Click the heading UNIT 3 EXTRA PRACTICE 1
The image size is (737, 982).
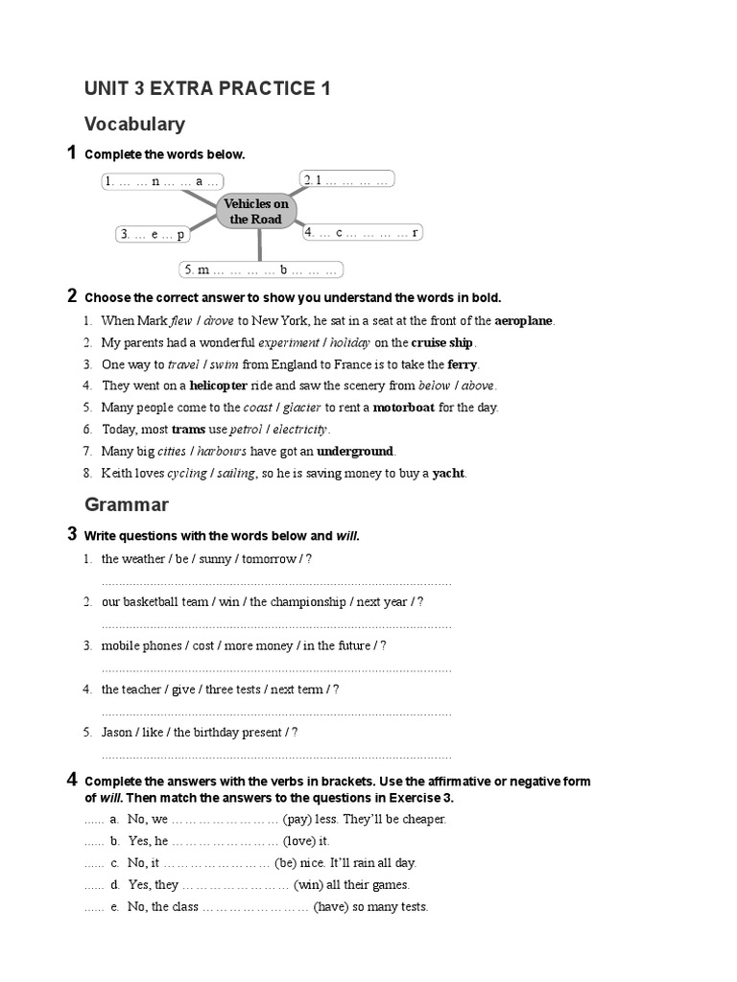coord(207,89)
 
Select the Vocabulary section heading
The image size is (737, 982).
coord(134,125)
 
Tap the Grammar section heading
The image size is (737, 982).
coord(127,504)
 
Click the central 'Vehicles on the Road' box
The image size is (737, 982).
coord(255,211)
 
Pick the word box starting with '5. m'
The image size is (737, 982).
coord(260,269)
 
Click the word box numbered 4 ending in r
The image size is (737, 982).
coord(362,232)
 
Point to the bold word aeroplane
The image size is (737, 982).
coord(524,321)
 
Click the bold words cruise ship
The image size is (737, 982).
coord(442,342)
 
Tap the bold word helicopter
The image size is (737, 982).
coord(218,386)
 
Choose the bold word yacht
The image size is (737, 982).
coord(448,473)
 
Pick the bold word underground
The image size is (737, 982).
coord(355,451)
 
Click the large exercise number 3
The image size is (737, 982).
coord(72,534)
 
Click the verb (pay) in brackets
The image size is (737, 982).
coord(300,819)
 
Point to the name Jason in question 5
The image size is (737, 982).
coord(118,733)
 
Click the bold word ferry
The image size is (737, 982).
coord(463,364)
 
